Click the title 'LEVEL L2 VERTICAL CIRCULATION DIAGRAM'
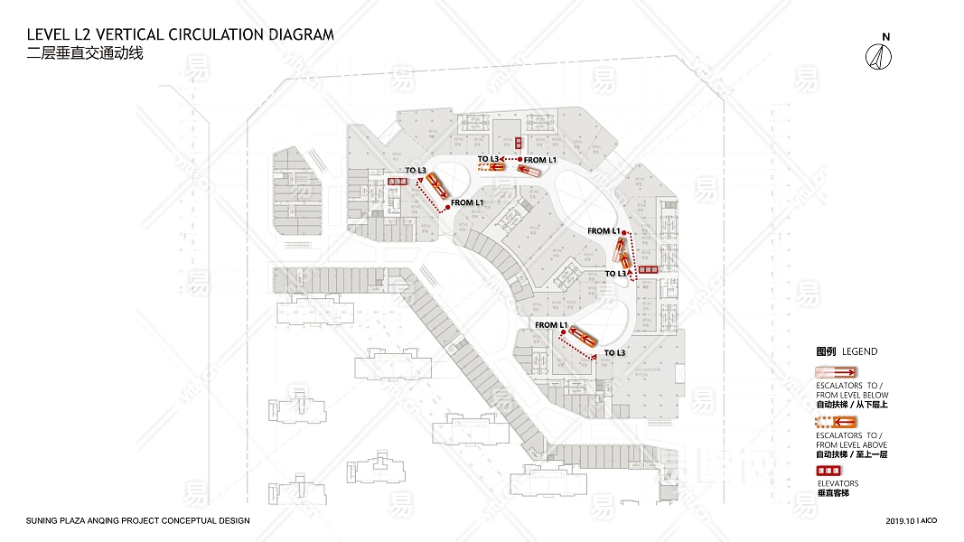181,35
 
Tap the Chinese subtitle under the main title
85,53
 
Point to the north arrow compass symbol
879,56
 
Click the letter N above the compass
886,37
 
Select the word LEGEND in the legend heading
859,351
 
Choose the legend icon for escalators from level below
836,372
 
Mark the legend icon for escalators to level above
836,422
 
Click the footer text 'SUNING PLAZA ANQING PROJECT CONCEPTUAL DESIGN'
137,521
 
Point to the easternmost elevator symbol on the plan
648,269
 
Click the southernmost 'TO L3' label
614,352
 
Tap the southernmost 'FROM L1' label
550,324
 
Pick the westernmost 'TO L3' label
416,170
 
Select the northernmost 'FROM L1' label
540,160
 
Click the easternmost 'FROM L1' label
604,231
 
